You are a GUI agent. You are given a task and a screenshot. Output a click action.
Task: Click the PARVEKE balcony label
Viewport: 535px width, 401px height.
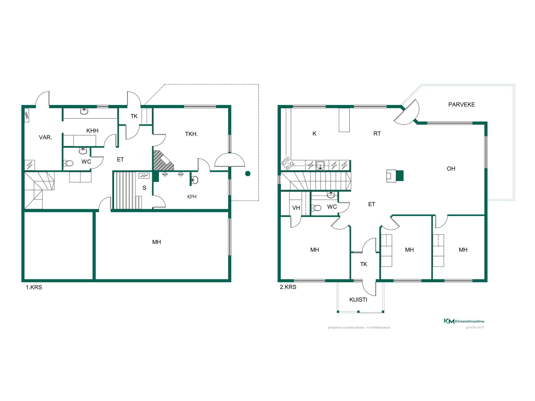pos(461,105)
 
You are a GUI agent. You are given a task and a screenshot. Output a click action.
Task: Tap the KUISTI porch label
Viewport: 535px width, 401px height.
pos(358,300)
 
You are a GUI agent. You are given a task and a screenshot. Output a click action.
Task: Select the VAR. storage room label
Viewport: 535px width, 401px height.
pos(45,137)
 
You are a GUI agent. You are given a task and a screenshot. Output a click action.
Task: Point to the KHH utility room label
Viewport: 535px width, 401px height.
pos(92,131)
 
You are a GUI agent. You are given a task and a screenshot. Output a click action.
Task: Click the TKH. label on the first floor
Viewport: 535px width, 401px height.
pos(191,134)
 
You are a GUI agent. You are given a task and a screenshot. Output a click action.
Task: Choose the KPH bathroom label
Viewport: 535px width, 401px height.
pos(192,197)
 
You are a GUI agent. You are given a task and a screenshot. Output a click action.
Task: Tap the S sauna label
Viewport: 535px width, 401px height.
pos(144,188)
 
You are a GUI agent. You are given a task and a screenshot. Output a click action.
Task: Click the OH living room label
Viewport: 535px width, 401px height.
pos(451,168)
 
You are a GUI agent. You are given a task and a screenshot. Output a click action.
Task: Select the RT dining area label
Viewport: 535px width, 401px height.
pos(377,134)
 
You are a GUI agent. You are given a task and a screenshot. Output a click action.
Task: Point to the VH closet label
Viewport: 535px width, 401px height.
pos(296,208)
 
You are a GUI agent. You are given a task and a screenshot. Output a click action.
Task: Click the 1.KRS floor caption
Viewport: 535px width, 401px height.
pos(34,287)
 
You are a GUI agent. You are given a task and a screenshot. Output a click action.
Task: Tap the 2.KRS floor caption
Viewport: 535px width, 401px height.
pos(288,287)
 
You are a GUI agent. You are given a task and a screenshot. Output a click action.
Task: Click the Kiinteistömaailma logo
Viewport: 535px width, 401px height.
pos(464,321)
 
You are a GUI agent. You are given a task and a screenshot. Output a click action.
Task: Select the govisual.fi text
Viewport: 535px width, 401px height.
pos(475,327)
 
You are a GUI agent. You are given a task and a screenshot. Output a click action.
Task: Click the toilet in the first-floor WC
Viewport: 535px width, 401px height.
pos(68,163)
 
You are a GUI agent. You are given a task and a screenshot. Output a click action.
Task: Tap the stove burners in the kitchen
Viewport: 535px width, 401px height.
pos(288,164)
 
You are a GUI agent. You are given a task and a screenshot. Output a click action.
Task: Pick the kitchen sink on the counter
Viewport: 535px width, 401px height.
pos(320,165)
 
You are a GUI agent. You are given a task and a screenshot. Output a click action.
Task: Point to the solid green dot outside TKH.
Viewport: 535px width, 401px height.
pos(248,174)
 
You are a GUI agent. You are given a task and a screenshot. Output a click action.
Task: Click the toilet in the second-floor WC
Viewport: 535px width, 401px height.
pos(316,208)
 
